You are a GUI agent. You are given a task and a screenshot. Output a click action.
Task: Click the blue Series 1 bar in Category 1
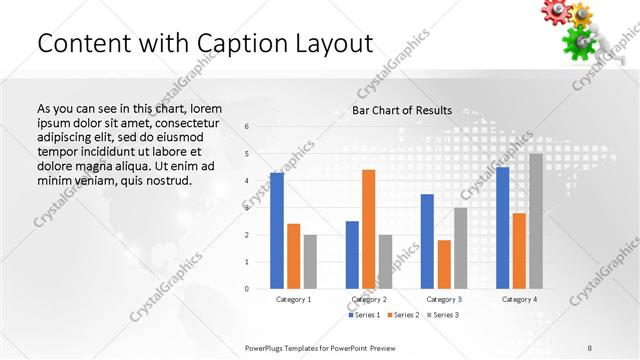pos(277,231)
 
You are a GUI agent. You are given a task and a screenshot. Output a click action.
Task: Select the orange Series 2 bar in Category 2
pos(368,229)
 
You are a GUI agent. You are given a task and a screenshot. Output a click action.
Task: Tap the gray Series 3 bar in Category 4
pos(536,221)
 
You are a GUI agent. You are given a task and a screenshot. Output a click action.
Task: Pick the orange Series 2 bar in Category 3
pos(444,264)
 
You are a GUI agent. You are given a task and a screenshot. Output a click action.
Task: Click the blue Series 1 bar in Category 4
pos(502,228)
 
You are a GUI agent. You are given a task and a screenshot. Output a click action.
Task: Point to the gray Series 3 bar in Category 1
pos(310,262)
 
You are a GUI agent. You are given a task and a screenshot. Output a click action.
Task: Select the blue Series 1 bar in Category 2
pos(352,255)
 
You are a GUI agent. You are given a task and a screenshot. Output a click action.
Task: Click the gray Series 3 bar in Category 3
pos(460,248)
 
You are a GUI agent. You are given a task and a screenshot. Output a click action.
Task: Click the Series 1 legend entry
pos(364,315)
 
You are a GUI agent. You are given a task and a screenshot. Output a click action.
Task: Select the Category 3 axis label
pos(444,299)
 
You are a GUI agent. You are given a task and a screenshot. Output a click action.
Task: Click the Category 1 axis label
pos(293,299)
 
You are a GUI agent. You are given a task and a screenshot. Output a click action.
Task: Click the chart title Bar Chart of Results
pos(402,110)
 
